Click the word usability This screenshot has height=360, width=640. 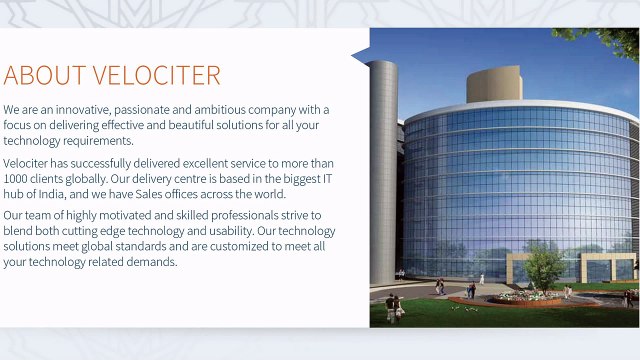[235, 231]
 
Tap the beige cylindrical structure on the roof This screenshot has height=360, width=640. [494, 85]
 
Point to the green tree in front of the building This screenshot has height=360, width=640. [545, 266]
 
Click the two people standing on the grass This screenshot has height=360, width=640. [393, 307]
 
